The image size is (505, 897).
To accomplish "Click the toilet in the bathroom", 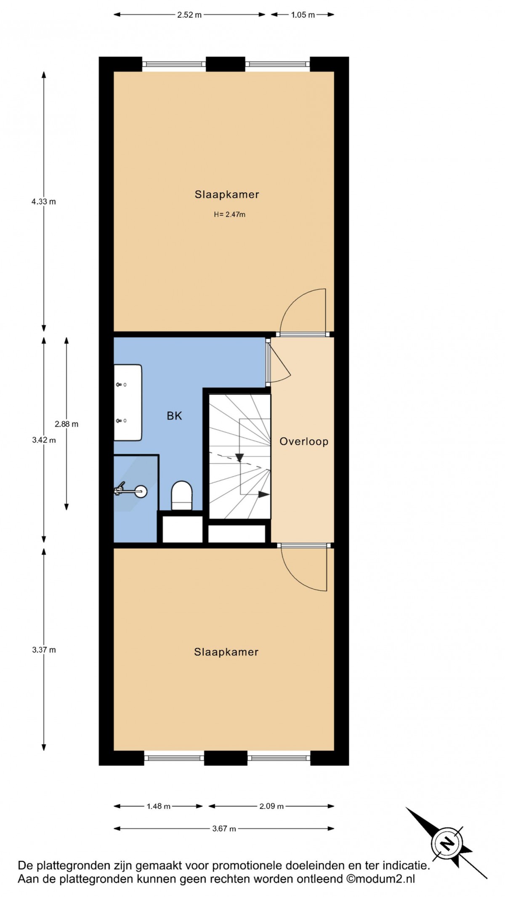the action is click(181, 495).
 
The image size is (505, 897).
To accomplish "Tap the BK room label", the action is click(174, 416).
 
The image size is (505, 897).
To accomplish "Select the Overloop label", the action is click(304, 442).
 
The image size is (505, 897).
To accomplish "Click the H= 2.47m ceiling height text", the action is click(229, 215).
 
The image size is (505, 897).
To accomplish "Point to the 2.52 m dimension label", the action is click(189, 15).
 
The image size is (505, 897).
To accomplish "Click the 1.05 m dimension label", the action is click(303, 15).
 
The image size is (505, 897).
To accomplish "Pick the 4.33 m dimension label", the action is click(44, 202).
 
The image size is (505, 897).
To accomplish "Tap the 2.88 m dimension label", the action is click(66, 424).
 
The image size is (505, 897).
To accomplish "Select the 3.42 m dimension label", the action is click(44, 440).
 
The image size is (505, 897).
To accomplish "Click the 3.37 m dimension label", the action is click(44, 650).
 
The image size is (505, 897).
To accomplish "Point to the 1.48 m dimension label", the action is click(159, 807).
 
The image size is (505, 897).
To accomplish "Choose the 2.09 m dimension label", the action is click(271, 807).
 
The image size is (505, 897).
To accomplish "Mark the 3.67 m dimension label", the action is click(224, 829).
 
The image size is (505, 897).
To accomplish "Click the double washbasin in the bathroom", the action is click(128, 403).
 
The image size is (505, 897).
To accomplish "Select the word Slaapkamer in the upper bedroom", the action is click(227, 194).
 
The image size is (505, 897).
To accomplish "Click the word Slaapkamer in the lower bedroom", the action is click(226, 652).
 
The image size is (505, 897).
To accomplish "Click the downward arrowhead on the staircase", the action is click(239, 458).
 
